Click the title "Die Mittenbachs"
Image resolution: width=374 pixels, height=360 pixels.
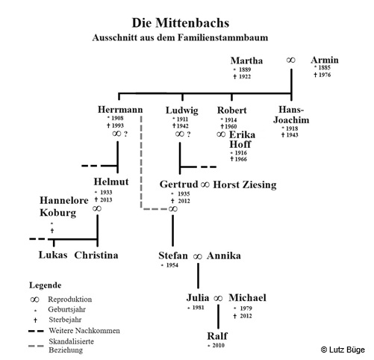pyautogui.click(x=181, y=23)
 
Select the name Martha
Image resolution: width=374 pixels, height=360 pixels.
pyautogui.click(x=246, y=60)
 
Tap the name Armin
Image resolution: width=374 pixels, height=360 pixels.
pyautogui.click(x=325, y=60)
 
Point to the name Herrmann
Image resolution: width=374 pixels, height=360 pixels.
pyautogui.click(x=120, y=110)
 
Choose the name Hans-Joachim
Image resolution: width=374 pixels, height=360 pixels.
pyautogui.click(x=291, y=115)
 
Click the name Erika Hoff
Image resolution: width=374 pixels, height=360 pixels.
pyautogui.click(x=242, y=140)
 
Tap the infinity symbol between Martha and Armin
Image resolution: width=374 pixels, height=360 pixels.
pyautogui.click(x=290, y=60)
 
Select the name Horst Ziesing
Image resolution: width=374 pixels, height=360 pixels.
pyautogui.click(x=245, y=184)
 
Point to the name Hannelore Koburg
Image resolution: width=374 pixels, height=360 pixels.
pyautogui.click(x=64, y=206)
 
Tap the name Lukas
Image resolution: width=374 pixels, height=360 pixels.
pyautogui.click(x=53, y=255)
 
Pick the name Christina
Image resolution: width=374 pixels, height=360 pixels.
pyautogui.click(x=96, y=255)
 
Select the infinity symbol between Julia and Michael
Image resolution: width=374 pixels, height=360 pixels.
pyautogui.click(x=218, y=298)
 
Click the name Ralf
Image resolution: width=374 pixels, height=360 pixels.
pyautogui.click(x=217, y=336)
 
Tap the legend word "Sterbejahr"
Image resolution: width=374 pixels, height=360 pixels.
pyautogui.click(x=65, y=320)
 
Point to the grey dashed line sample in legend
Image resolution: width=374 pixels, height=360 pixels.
pyautogui.click(x=36, y=346)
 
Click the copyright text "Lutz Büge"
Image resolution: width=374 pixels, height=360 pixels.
pyautogui.click(x=347, y=350)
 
